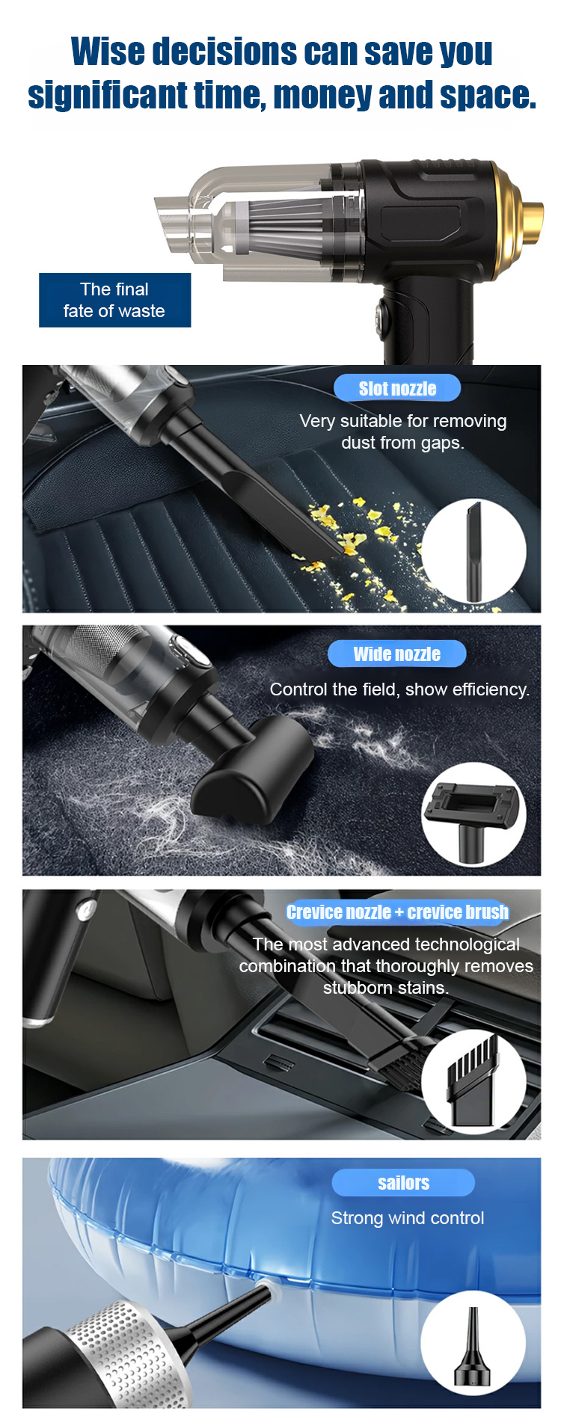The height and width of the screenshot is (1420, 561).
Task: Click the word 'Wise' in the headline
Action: click(x=108, y=52)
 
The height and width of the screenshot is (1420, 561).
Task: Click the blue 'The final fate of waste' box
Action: click(x=114, y=300)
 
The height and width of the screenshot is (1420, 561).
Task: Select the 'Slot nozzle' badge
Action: click(x=397, y=388)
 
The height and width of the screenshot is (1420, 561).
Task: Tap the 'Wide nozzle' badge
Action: click(x=396, y=654)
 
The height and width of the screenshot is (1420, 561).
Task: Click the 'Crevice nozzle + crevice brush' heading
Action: click(x=397, y=912)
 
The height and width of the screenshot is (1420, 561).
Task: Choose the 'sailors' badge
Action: click(x=403, y=1182)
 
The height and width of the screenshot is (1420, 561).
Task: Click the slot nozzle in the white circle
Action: click(x=474, y=551)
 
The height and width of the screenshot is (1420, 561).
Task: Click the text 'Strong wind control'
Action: click(x=408, y=1218)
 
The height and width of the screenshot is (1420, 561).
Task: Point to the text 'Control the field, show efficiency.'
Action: click(x=399, y=689)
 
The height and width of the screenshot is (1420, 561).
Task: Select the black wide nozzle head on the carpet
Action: click(x=251, y=770)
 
